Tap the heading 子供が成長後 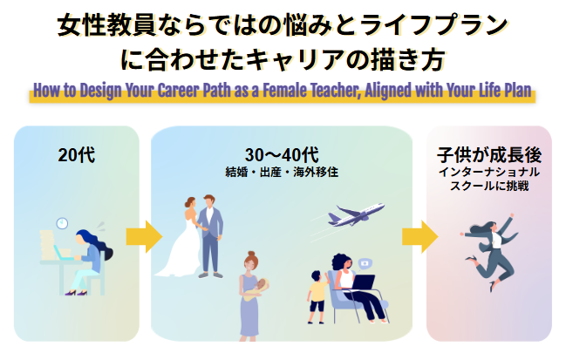coord(488,155)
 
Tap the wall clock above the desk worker coord(62,225)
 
